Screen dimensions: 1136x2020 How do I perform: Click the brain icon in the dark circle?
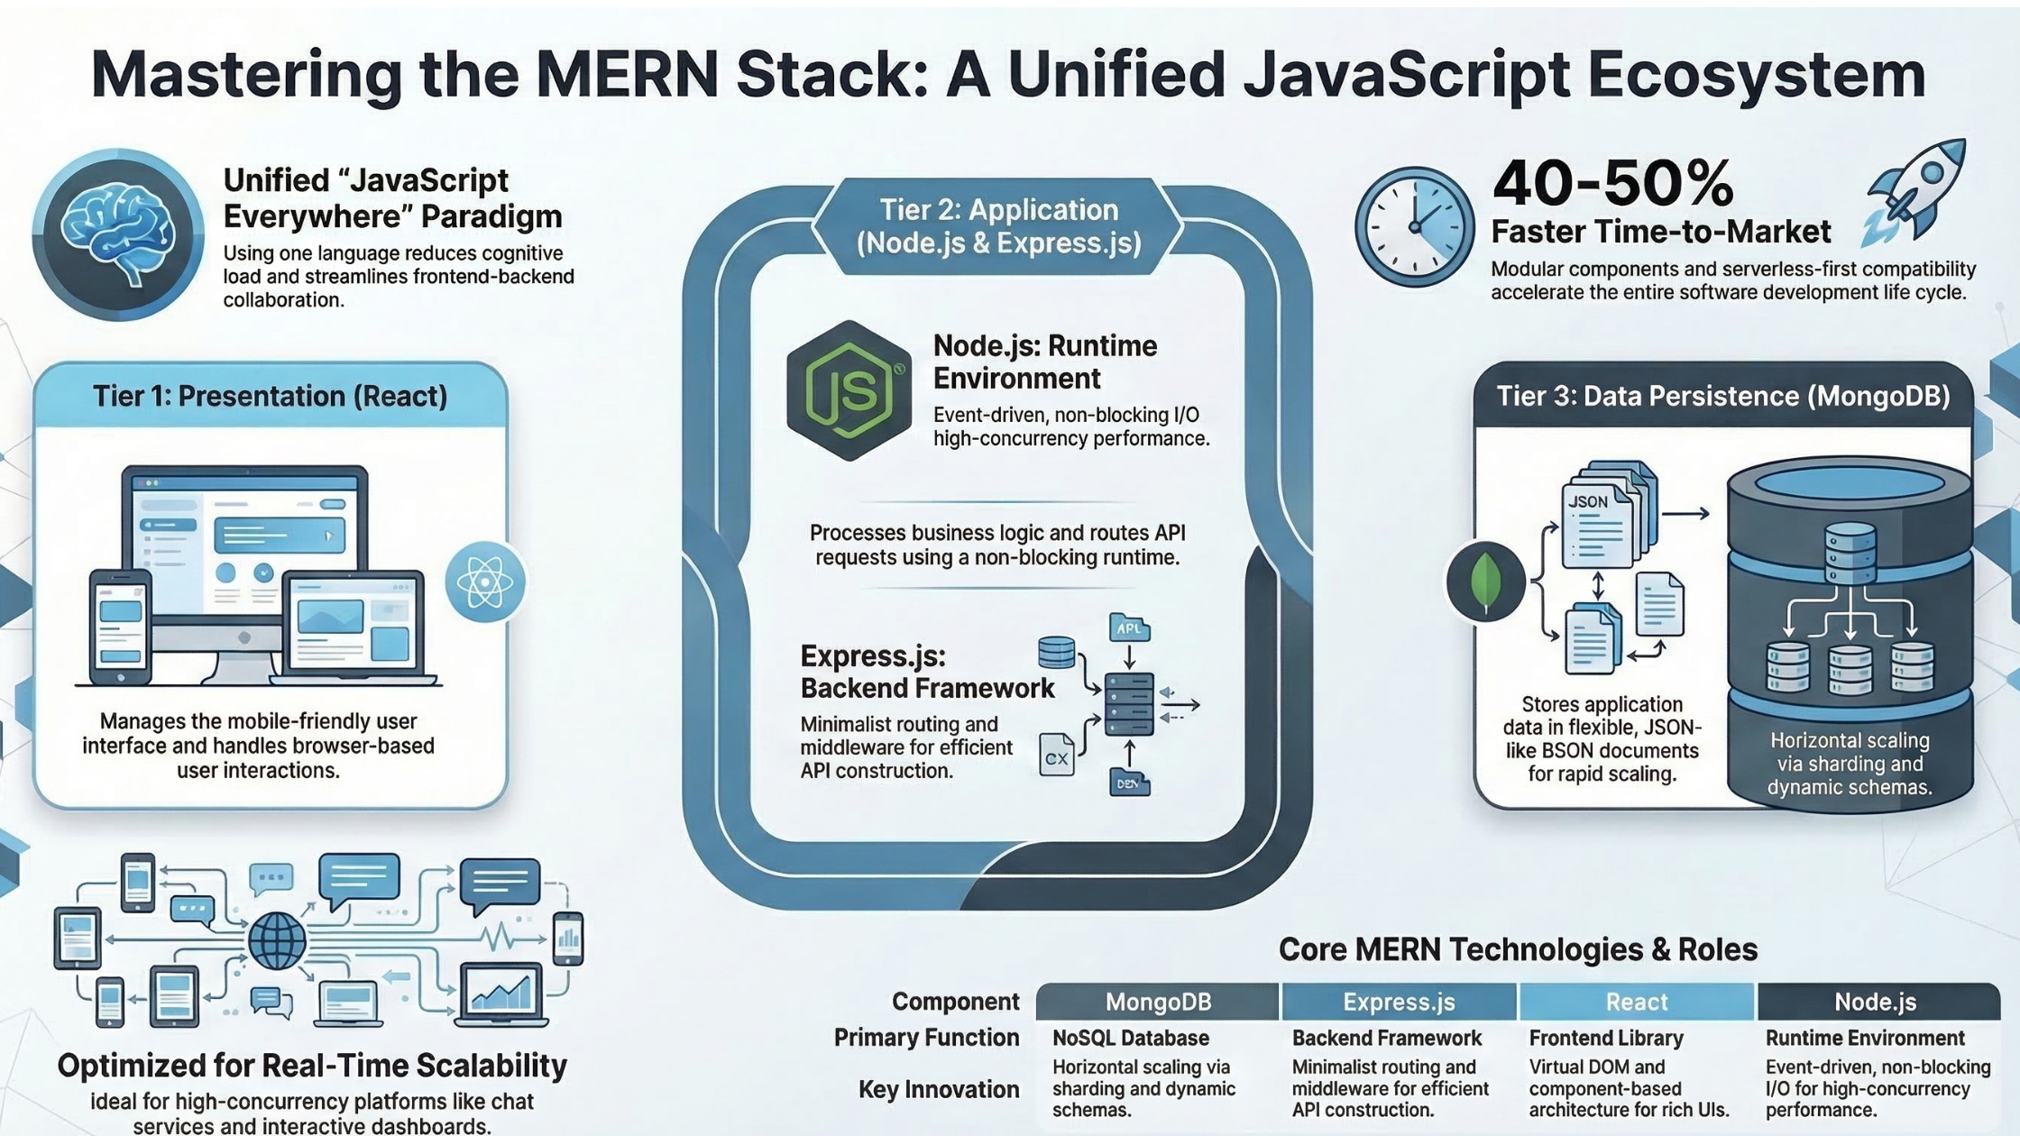point(118,234)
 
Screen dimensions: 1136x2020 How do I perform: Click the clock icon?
point(1414,227)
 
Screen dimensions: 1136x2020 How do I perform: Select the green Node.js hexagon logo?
point(849,390)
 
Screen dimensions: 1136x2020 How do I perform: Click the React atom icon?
point(485,582)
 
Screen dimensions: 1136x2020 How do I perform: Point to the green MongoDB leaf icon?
point(1485,582)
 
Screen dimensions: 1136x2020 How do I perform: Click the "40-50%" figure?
point(1612,183)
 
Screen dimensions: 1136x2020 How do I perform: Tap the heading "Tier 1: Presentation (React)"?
point(271,396)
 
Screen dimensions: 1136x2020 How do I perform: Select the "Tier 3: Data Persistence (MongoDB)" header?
point(1722,396)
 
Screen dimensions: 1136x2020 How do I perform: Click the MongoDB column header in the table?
point(1158,1002)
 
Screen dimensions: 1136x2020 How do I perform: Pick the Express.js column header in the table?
point(1399,1002)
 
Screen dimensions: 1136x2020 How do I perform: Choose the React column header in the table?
point(1637,1002)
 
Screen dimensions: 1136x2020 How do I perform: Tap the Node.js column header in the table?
point(1876,1002)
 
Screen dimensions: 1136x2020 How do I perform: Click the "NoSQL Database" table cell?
point(1131,1038)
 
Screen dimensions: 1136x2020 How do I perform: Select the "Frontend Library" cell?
point(1606,1038)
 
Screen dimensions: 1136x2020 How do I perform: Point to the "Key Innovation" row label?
point(939,1089)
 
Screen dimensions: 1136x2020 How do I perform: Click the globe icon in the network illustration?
point(277,940)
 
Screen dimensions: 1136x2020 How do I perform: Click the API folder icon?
point(1129,628)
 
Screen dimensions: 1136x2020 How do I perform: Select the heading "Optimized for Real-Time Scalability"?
point(312,1066)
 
